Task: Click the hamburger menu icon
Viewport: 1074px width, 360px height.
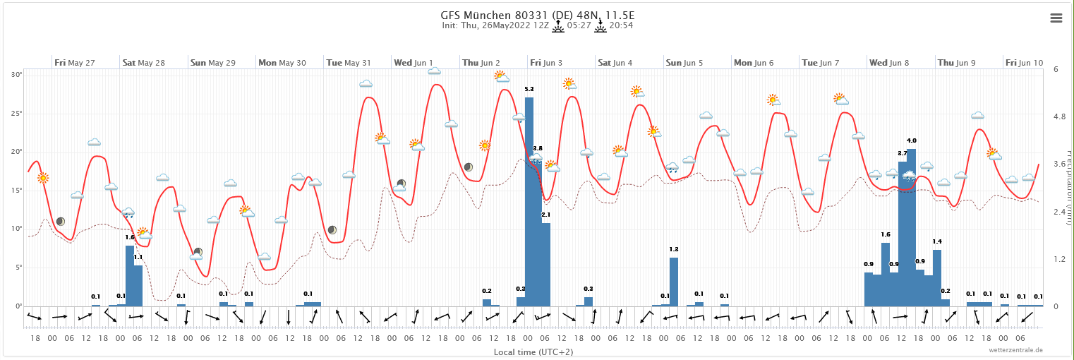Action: (x=1056, y=18)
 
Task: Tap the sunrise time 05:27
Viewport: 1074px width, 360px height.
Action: (x=579, y=25)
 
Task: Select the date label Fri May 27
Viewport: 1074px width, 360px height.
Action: (x=75, y=63)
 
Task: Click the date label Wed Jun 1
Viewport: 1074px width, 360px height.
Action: (x=414, y=63)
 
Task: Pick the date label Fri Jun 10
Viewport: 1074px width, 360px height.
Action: (x=1024, y=63)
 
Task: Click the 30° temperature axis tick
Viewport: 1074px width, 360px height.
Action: (x=18, y=75)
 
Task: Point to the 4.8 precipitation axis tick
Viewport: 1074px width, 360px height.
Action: (x=1056, y=116)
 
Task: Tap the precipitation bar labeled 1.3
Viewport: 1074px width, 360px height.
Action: (x=674, y=282)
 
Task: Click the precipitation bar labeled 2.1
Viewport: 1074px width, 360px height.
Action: (x=546, y=264)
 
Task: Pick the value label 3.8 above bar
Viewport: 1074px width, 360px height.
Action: (x=538, y=148)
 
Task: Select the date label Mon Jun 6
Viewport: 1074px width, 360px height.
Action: (x=754, y=63)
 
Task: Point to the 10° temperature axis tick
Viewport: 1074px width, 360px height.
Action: (x=18, y=229)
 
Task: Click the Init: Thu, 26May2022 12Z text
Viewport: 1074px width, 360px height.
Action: (x=494, y=25)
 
